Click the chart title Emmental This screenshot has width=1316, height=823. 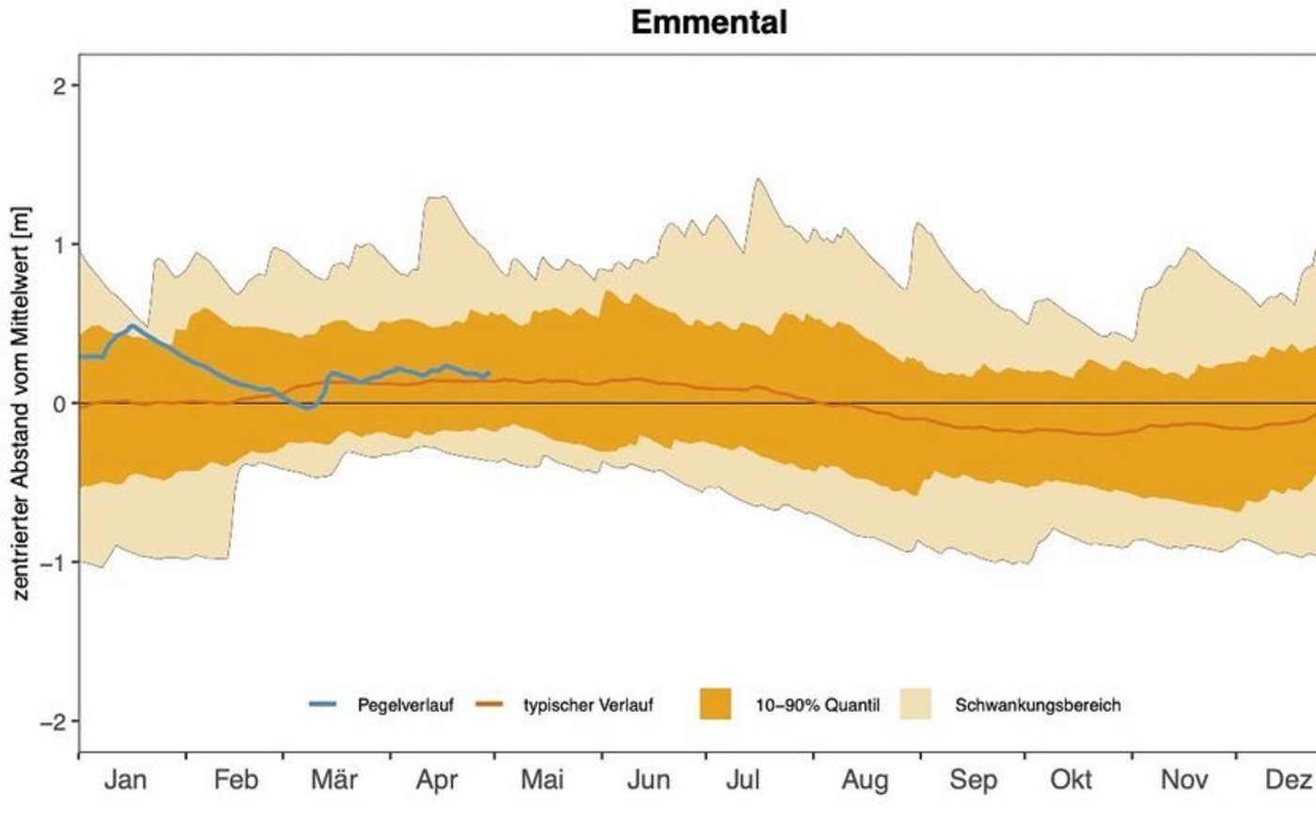709,22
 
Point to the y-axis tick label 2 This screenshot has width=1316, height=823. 60,86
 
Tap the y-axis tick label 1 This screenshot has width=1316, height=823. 60,245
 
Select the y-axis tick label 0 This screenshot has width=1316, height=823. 60,404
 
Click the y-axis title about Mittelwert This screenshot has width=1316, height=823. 22,403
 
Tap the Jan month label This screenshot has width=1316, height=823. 125,780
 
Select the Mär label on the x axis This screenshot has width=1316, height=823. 334,780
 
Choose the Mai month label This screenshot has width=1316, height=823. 542,780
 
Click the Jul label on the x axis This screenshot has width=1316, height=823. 743,780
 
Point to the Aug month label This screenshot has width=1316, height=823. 865,780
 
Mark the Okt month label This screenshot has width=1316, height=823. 1072,780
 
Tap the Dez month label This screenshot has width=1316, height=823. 1288,780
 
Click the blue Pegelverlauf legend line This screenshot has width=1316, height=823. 322,704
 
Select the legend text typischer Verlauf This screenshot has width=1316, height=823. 587,704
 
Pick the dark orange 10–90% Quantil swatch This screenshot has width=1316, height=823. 715,704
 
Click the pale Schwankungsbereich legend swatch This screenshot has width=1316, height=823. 916,704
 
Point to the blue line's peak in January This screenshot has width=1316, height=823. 132,325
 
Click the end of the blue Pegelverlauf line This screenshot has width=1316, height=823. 489,373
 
